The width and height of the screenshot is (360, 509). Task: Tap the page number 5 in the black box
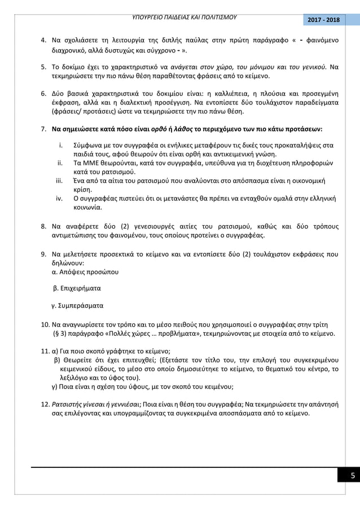click(x=352, y=475)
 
